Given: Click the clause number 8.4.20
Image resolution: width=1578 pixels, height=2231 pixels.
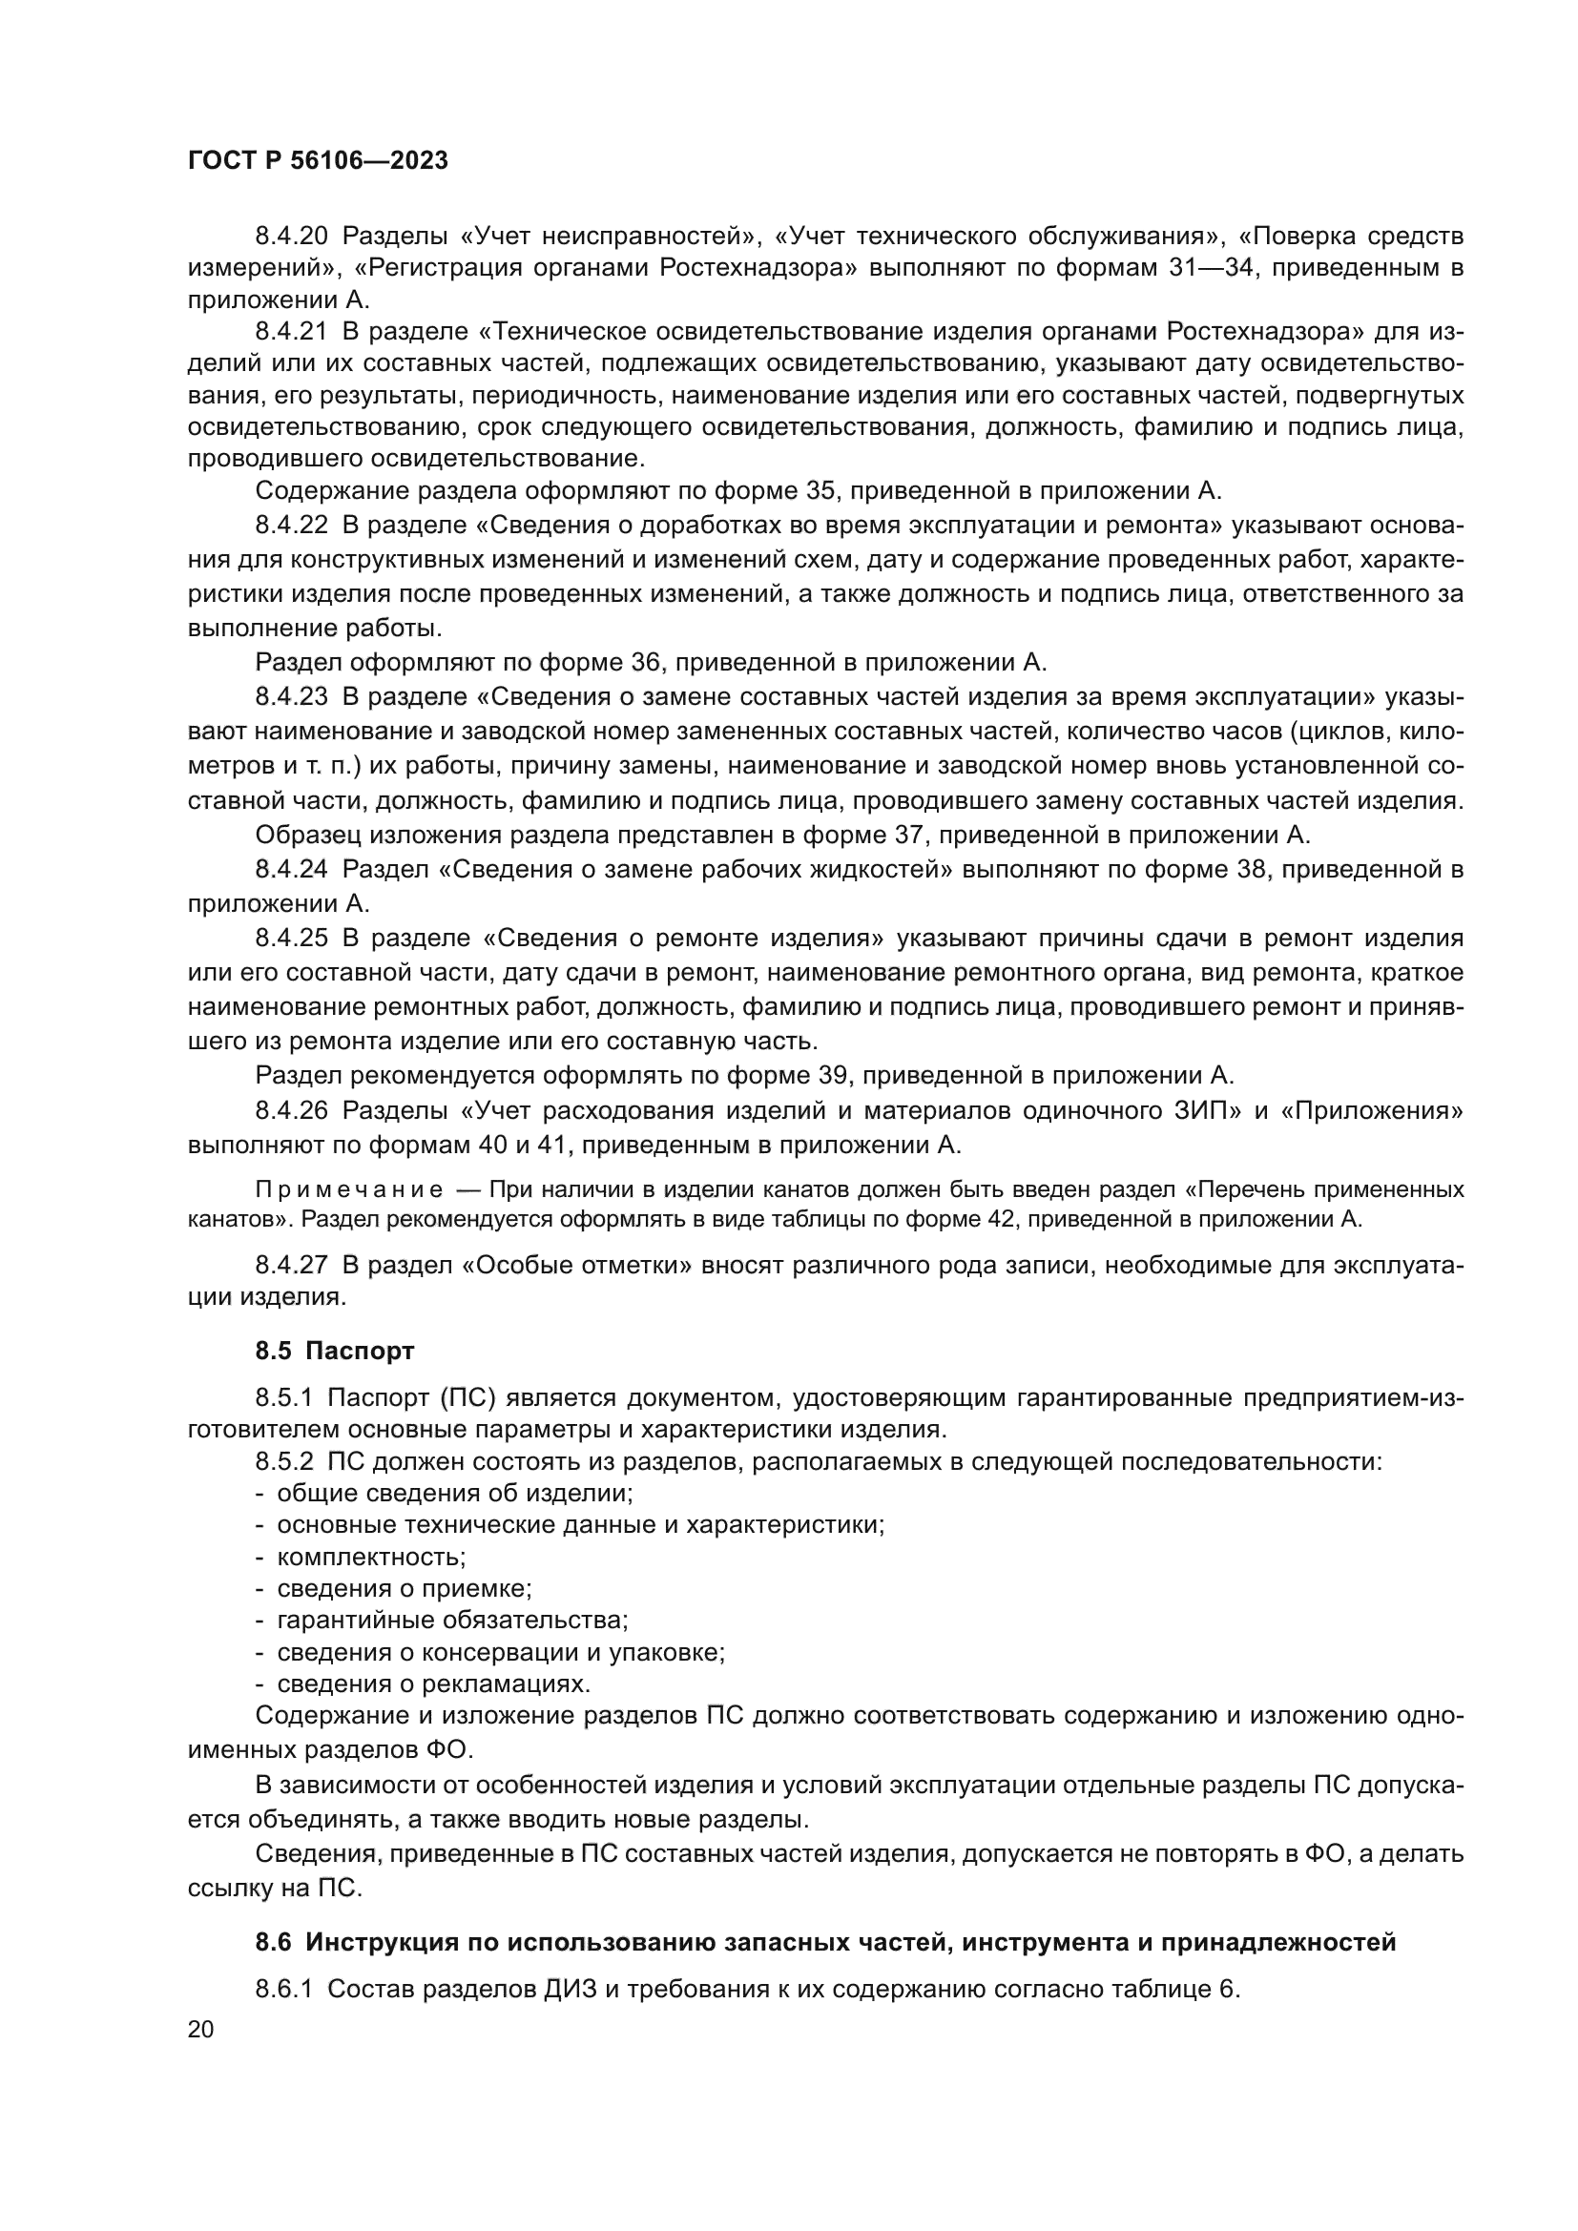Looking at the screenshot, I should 292,237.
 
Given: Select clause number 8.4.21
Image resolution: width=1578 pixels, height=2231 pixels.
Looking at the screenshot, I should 292,331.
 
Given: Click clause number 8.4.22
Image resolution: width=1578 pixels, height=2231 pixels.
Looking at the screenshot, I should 292,526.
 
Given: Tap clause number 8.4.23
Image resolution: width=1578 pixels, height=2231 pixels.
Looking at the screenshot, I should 292,696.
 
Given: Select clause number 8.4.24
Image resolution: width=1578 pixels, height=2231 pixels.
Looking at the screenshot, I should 292,869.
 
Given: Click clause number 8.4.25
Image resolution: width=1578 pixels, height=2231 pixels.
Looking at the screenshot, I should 292,938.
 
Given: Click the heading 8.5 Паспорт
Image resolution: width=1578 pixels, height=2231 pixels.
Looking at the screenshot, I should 335,1351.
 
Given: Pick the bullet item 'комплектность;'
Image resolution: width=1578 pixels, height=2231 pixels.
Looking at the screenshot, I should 371,1557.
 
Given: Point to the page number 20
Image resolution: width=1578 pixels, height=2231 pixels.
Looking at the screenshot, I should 200,2030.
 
